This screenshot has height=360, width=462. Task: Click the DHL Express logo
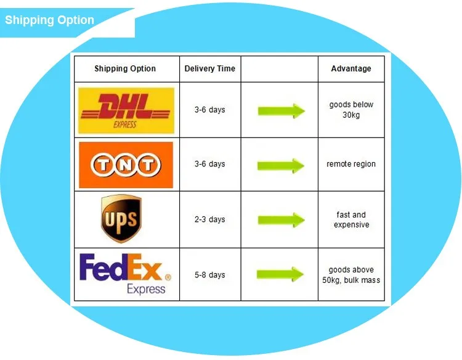click(x=126, y=110)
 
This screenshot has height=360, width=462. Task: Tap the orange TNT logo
click(x=126, y=165)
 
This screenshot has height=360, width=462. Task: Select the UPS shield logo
click(x=121, y=218)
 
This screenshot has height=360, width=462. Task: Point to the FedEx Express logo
click(x=125, y=274)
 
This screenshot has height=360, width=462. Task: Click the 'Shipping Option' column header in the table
click(x=125, y=68)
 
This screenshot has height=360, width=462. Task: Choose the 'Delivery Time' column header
click(x=210, y=68)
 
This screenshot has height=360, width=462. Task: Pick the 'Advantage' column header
click(x=351, y=68)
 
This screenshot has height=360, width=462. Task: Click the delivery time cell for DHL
click(x=210, y=110)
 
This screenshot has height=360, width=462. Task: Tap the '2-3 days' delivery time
click(x=210, y=219)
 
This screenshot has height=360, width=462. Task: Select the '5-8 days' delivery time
click(x=210, y=275)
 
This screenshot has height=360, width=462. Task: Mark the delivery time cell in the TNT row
click(x=210, y=164)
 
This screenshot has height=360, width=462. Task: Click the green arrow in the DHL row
click(x=282, y=111)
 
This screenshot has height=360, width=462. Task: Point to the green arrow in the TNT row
click(x=281, y=166)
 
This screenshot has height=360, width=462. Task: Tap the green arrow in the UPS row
click(x=282, y=220)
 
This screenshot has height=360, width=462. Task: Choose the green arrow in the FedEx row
click(x=280, y=274)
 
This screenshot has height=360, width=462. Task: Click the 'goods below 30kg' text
click(x=351, y=110)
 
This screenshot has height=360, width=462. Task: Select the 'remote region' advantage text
click(x=351, y=164)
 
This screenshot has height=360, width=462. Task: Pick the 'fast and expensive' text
click(x=351, y=219)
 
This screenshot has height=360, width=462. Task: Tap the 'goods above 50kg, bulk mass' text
click(x=351, y=275)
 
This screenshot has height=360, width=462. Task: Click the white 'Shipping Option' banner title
click(x=49, y=20)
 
